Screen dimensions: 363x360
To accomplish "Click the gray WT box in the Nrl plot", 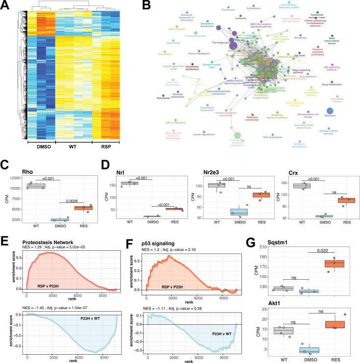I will (x=129, y=183).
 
